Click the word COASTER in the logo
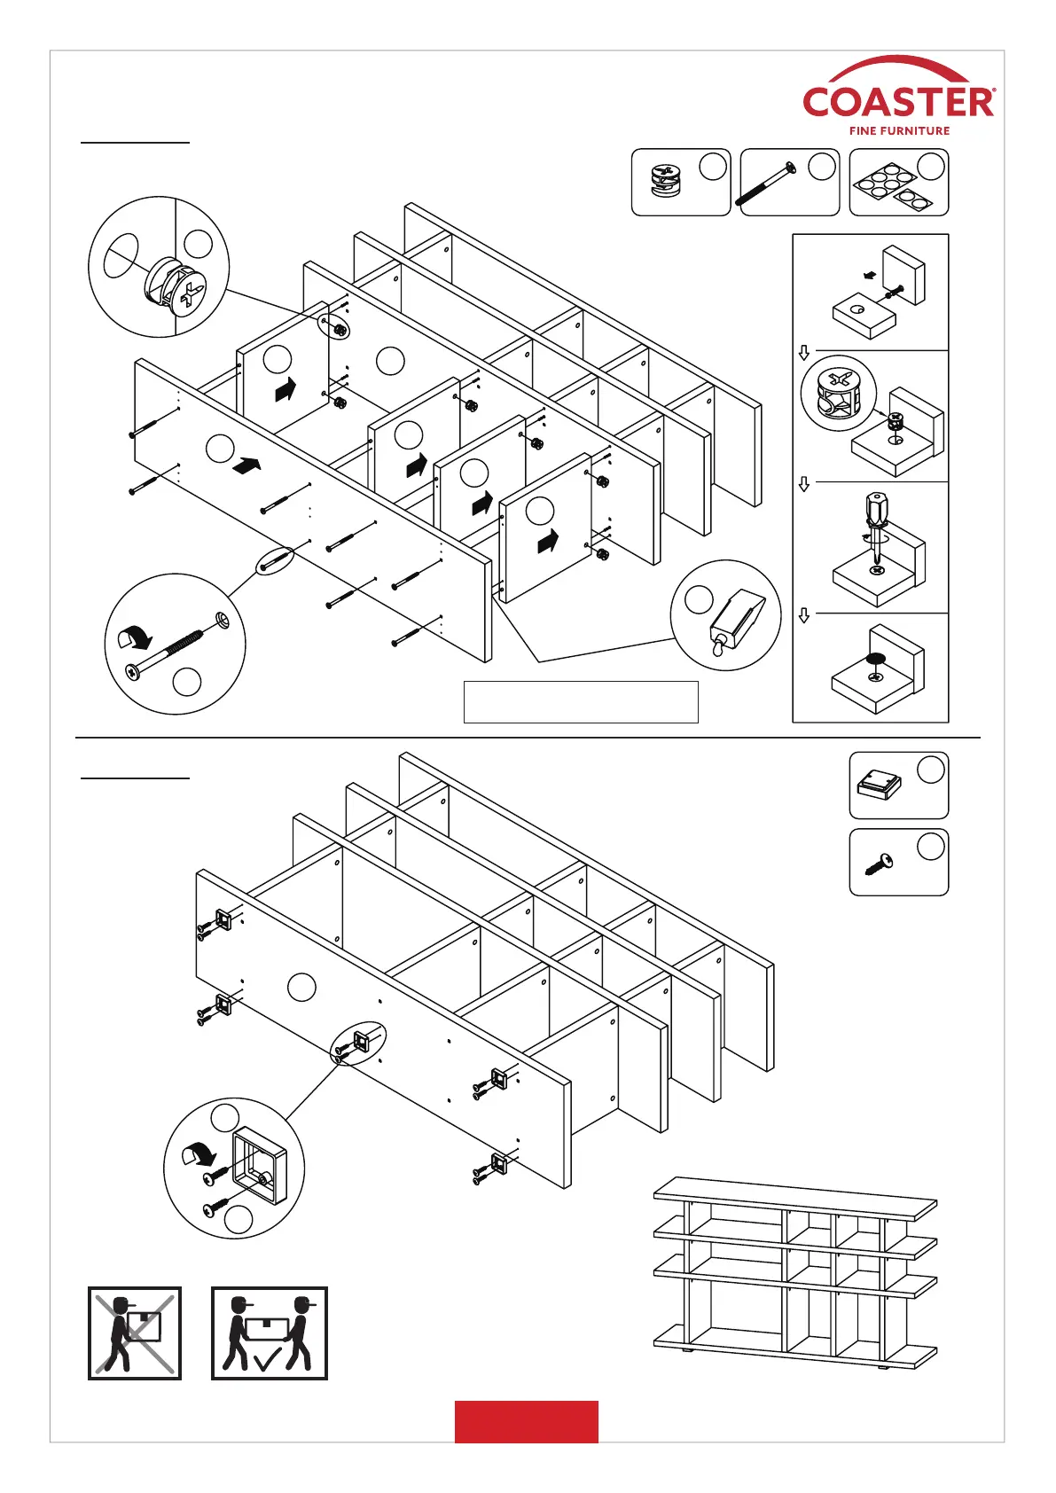898,102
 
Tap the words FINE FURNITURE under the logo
899,130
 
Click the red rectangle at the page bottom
526,1421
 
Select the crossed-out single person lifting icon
135,1333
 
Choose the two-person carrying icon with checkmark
269,1333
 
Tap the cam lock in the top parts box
665,182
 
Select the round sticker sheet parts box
898,183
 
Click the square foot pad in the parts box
878,784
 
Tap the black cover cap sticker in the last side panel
875,659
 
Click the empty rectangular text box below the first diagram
581,702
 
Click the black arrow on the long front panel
246,465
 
